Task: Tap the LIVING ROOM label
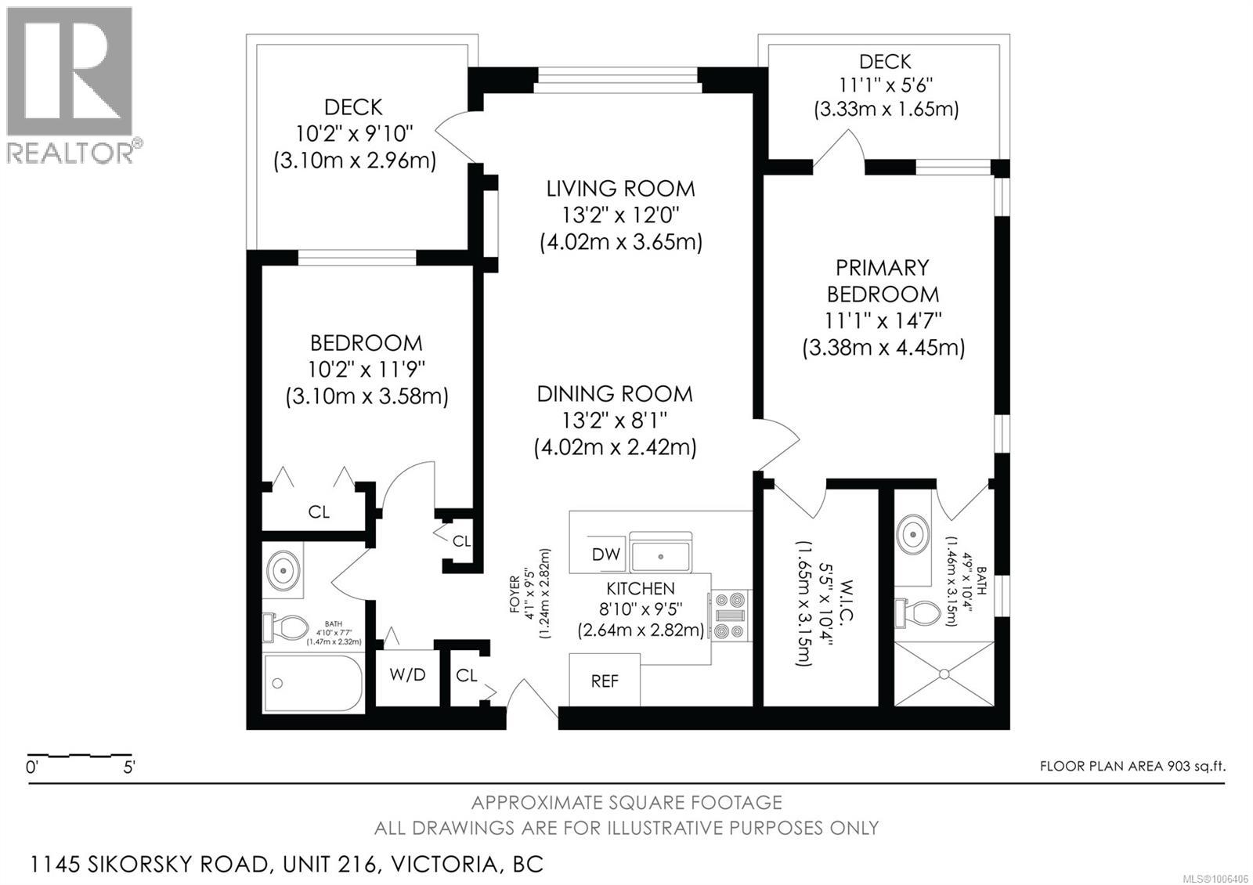coord(620,189)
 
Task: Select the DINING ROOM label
coord(615,394)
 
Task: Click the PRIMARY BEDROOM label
coord(883,281)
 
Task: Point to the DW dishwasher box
coord(605,554)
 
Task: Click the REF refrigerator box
coord(604,681)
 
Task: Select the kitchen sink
coord(662,555)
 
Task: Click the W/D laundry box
coord(407,674)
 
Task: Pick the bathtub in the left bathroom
coord(313,683)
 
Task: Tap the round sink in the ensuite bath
coord(912,534)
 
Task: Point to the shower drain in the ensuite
coord(944,673)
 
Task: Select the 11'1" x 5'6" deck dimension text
coord(885,85)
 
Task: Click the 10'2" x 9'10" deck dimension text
coord(354,134)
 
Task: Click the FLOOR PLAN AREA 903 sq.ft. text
coord(1132,766)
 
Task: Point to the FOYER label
coord(515,594)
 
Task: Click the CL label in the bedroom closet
coord(319,512)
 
